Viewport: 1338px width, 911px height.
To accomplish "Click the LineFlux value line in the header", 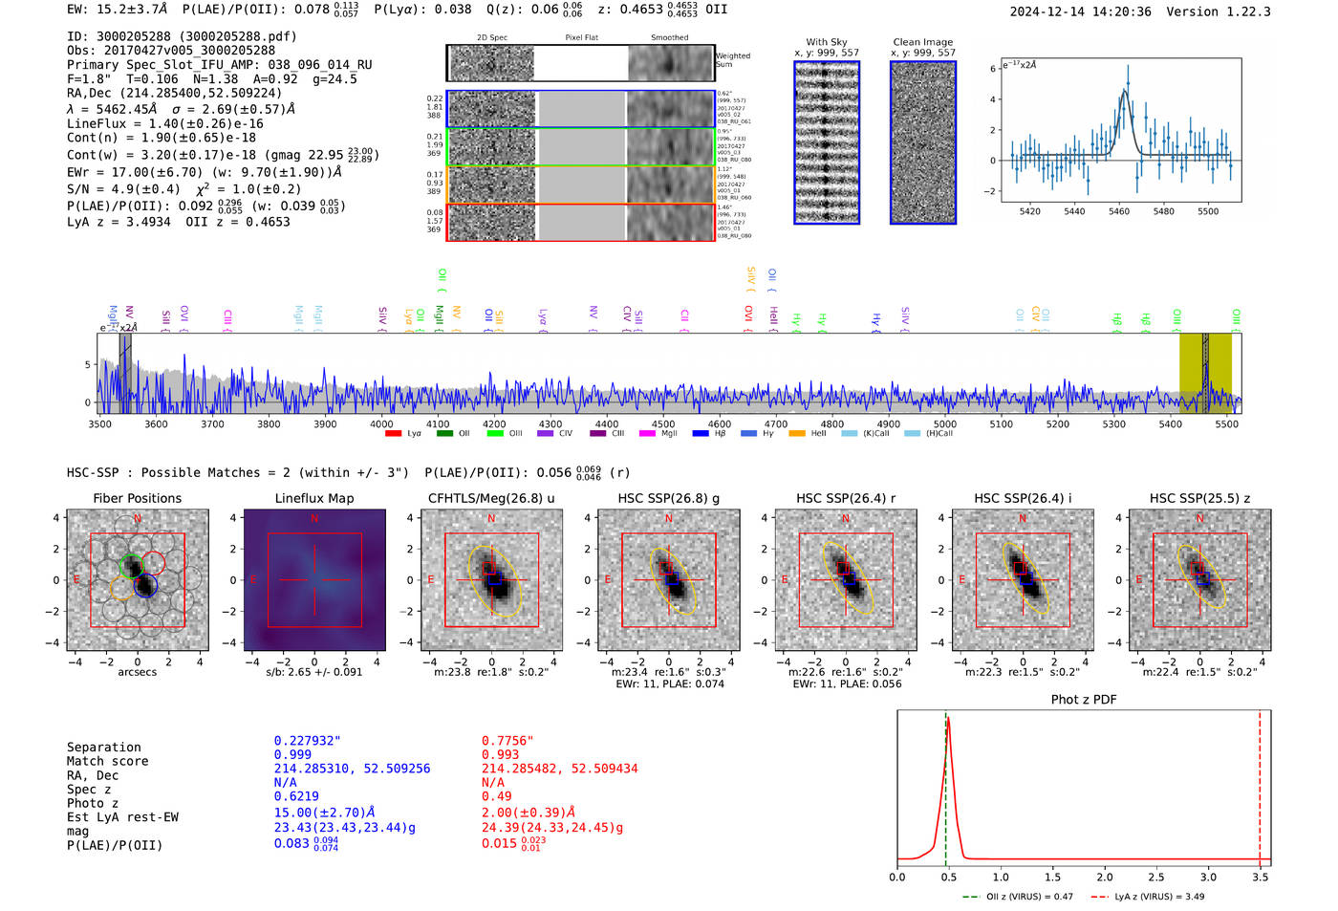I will tap(164, 123).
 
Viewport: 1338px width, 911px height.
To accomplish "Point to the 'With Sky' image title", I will tap(827, 42).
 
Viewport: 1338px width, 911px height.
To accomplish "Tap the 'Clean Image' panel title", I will tap(922, 42).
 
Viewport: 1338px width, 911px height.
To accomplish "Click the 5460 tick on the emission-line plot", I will tap(1119, 211).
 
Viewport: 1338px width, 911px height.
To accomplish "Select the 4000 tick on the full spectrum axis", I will tap(381, 423).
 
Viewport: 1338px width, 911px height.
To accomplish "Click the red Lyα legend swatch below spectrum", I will tap(393, 434).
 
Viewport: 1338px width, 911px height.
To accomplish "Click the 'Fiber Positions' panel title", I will tap(137, 498).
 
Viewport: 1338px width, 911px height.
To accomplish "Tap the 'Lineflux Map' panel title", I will tap(313, 498).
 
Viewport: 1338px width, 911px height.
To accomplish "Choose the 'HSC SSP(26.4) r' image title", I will tap(845, 498).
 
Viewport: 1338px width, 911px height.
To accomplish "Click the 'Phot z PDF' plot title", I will tap(1083, 700).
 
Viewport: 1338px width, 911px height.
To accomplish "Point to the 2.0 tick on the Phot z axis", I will tap(1105, 877).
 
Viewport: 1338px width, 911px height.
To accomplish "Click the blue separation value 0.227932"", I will tap(307, 741).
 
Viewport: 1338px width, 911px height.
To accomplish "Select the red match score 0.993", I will tap(501, 755).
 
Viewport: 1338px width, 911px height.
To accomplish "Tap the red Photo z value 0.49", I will tap(496, 796).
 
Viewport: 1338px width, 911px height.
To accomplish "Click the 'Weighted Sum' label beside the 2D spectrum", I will tap(733, 59).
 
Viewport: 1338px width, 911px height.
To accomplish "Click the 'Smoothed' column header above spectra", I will tap(669, 38).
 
